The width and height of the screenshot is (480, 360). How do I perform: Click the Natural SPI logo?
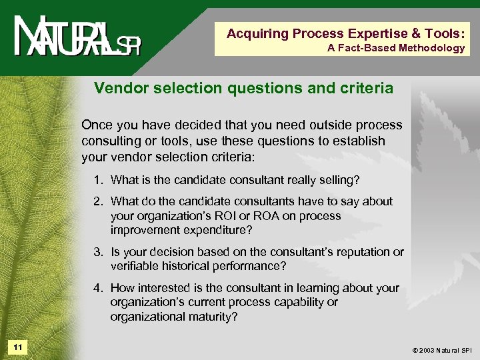click(77, 38)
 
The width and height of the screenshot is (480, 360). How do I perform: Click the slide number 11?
click(17, 347)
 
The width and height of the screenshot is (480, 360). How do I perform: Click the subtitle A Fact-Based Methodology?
click(396, 48)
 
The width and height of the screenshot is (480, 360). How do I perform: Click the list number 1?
click(98, 180)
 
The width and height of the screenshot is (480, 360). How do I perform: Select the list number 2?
click(98, 201)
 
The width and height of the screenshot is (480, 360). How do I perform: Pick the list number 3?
click(98, 252)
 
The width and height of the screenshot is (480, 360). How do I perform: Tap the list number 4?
click(98, 288)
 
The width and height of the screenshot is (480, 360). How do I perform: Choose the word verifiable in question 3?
click(133, 266)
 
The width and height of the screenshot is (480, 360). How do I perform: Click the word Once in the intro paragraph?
click(96, 125)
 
